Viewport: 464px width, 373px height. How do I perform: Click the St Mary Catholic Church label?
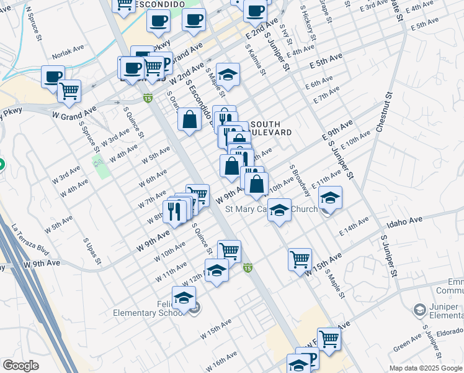tap(271, 210)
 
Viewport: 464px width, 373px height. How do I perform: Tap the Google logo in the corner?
tap(20, 365)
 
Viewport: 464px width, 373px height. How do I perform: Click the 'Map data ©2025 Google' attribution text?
tap(426, 368)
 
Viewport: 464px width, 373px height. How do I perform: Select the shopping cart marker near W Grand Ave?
tap(69, 91)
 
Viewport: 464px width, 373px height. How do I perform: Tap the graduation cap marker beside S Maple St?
tap(228, 76)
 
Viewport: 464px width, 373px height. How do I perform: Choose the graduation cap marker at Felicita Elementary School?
tap(184, 299)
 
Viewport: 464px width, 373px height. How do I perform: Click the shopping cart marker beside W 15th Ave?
tap(300, 258)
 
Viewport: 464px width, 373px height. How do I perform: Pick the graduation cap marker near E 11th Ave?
tap(331, 198)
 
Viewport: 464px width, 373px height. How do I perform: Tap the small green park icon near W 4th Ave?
tap(98, 162)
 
